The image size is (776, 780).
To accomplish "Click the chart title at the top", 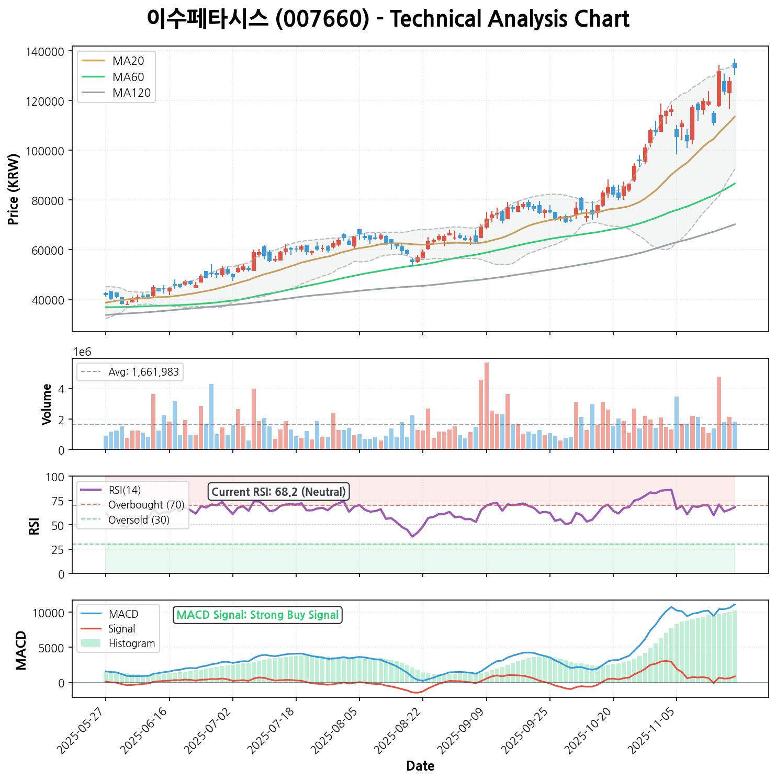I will (x=388, y=19).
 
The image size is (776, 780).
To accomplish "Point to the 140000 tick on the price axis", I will (x=48, y=51).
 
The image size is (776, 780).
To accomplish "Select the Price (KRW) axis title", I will (x=14, y=189).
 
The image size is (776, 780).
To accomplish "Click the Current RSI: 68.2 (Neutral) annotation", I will (x=278, y=492).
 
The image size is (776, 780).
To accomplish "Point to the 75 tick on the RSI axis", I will (x=58, y=501).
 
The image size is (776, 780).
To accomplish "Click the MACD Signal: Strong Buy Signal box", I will (x=257, y=615).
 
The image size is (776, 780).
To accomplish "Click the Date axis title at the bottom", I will (x=420, y=766).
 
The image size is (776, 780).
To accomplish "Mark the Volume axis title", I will (x=47, y=404).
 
